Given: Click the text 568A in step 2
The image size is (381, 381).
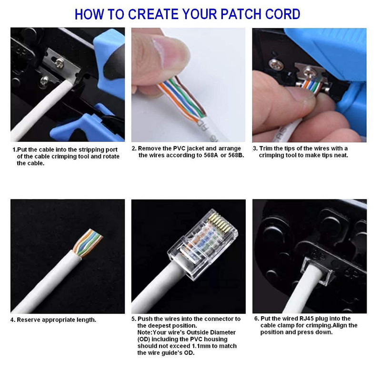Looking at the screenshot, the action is pyautogui.click(x=211, y=155).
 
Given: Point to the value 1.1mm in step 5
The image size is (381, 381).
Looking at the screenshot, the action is pyautogui.click(x=201, y=346).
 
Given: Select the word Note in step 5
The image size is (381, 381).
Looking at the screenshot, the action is pyautogui.click(x=144, y=332).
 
